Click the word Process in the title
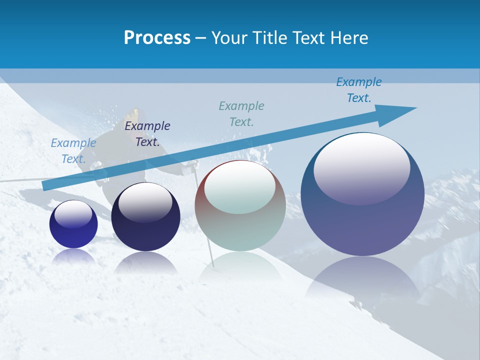pos(157,38)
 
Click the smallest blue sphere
pos(73,224)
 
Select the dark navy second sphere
pos(145,217)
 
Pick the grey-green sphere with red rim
pos(240,206)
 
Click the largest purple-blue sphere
pos(362,195)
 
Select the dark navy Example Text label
pos(147,134)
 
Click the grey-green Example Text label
pos(241,113)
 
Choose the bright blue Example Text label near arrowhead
pos(359,90)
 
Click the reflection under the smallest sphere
pos(73,256)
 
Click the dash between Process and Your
pos(201,38)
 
